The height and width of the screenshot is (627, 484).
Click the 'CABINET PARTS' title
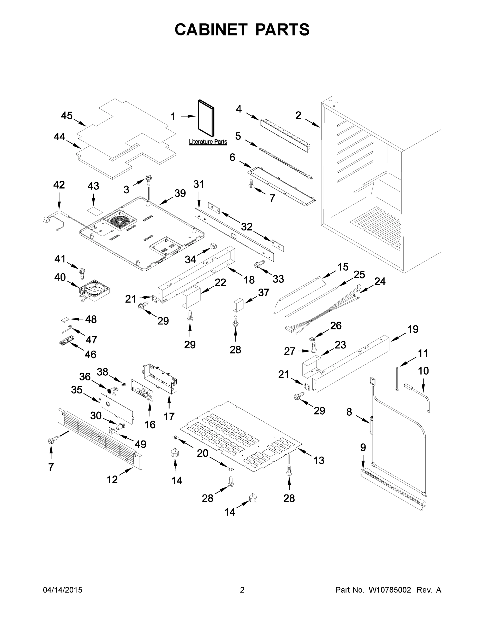pos(242,30)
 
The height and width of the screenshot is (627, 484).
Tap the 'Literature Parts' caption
pos(208,142)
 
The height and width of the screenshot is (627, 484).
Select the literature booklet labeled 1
pos(206,118)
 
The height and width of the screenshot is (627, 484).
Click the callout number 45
pos(67,116)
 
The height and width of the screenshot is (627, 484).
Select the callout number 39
pos(180,193)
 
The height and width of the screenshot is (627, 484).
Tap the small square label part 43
pos(94,210)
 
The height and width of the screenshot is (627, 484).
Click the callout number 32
pos(247,227)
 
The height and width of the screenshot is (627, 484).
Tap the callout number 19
pos(413,329)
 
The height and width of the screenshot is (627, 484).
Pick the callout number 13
pos(319,460)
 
